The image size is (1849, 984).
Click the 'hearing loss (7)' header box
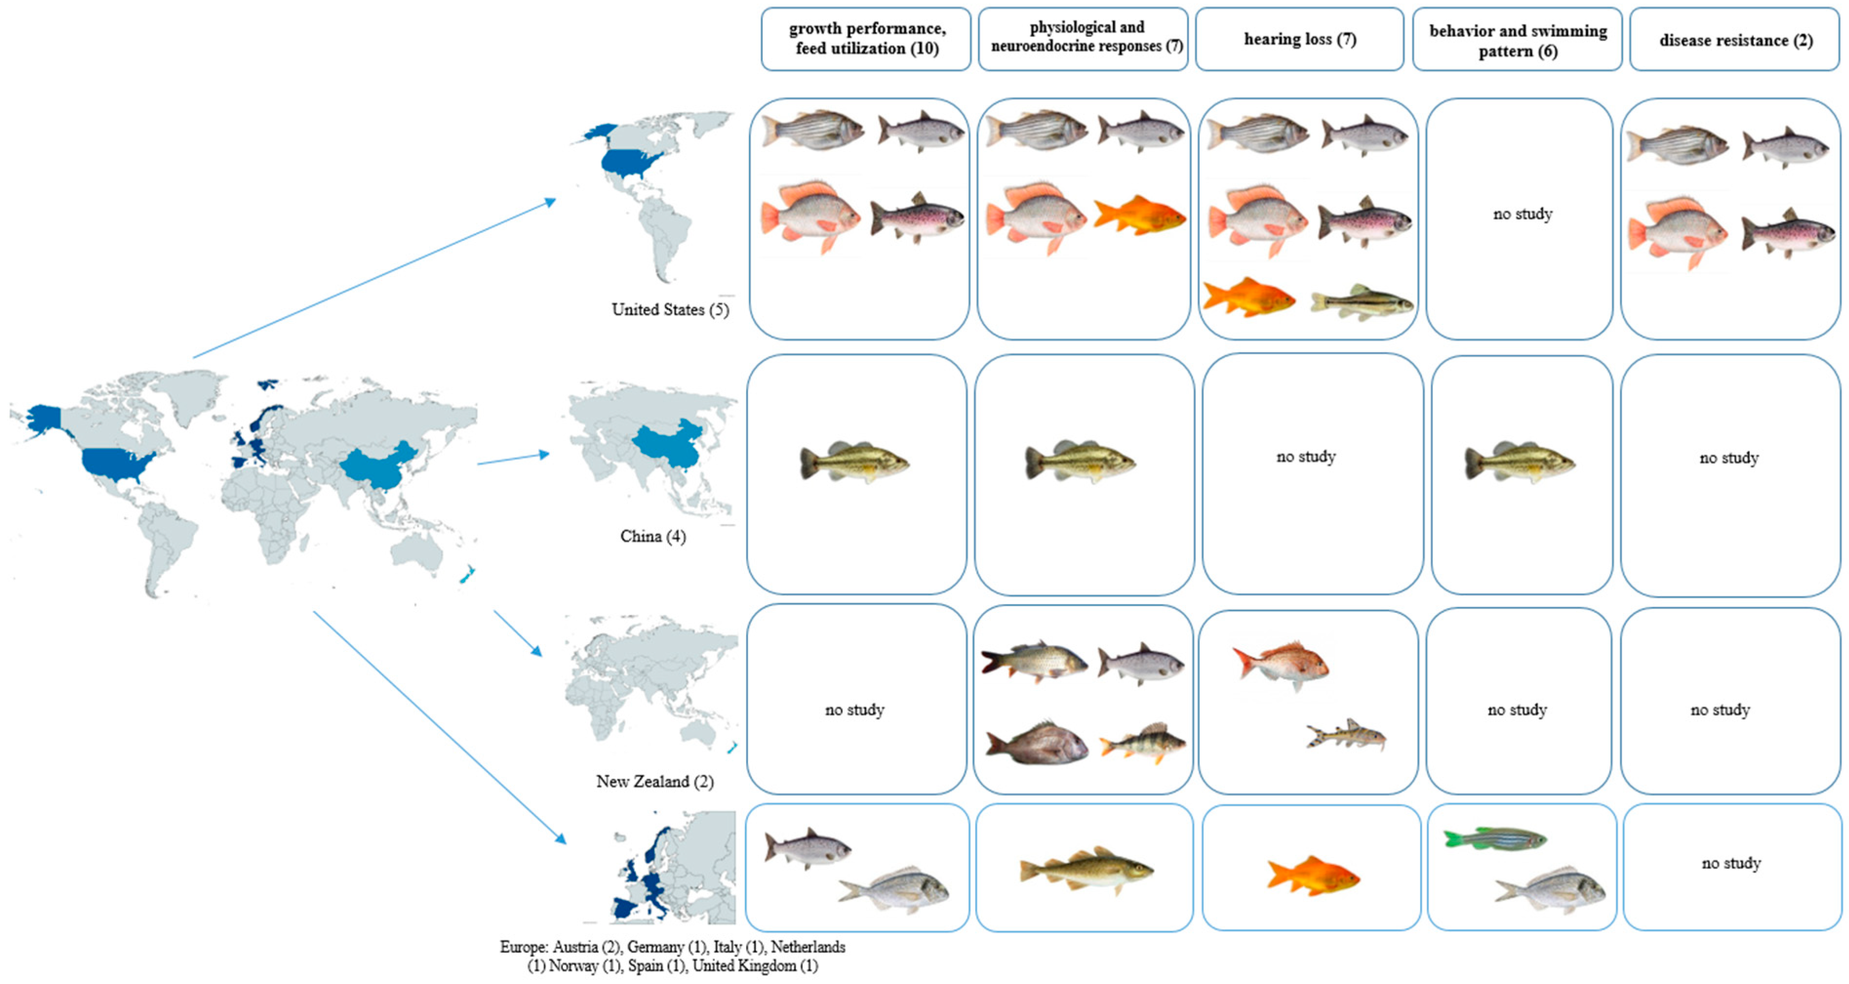[1299, 39]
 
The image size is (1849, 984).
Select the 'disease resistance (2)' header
[1735, 40]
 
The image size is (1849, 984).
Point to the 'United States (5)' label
[669, 309]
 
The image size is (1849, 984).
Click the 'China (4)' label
[652, 536]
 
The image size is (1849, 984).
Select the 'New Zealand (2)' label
[655, 781]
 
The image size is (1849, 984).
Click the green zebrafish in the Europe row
[1495, 838]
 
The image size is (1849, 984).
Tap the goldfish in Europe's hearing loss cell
[1313, 876]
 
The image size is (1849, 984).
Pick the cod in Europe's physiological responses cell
[1085, 870]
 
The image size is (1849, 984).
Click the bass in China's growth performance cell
[854, 461]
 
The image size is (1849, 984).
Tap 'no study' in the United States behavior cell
[1522, 214]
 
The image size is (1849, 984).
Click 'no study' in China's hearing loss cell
[1306, 456]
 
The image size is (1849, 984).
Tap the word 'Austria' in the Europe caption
[574, 946]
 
